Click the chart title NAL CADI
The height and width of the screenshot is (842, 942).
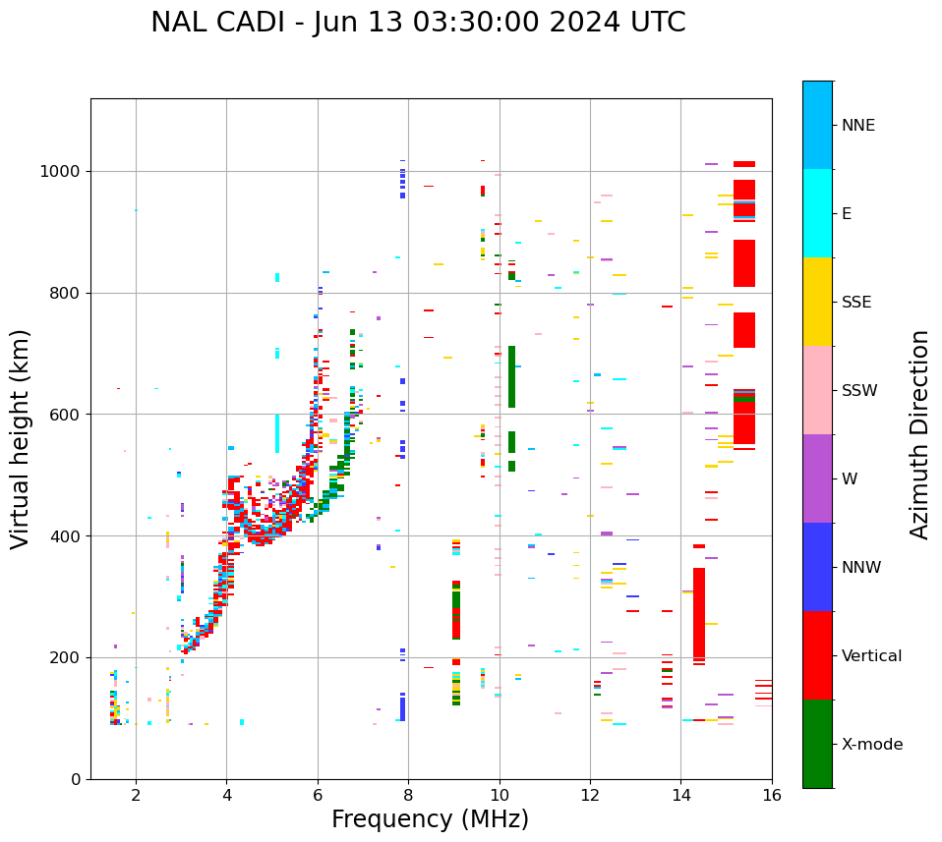[418, 23]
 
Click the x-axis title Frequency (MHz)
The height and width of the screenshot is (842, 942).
[430, 819]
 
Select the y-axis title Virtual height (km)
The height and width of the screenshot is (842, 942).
[21, 439]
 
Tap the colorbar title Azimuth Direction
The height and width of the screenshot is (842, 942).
[919, 434]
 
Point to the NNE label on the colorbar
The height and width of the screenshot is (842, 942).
[858, 126]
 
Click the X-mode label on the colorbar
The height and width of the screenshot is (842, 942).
[872, 745]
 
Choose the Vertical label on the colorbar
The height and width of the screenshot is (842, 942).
[872, 656]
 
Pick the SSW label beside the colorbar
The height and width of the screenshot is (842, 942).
[859, 391]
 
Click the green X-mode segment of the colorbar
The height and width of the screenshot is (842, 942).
[817, 744]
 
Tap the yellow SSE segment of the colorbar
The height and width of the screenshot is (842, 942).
[817, 302]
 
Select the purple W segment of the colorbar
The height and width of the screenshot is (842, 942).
[817, 478]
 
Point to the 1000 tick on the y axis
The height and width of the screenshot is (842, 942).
[64, 172]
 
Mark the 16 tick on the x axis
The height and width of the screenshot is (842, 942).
[772, 795]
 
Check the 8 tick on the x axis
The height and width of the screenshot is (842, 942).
[408, 795]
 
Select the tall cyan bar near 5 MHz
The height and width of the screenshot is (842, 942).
[277, 432]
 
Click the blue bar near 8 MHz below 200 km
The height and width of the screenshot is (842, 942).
[402, 708]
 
